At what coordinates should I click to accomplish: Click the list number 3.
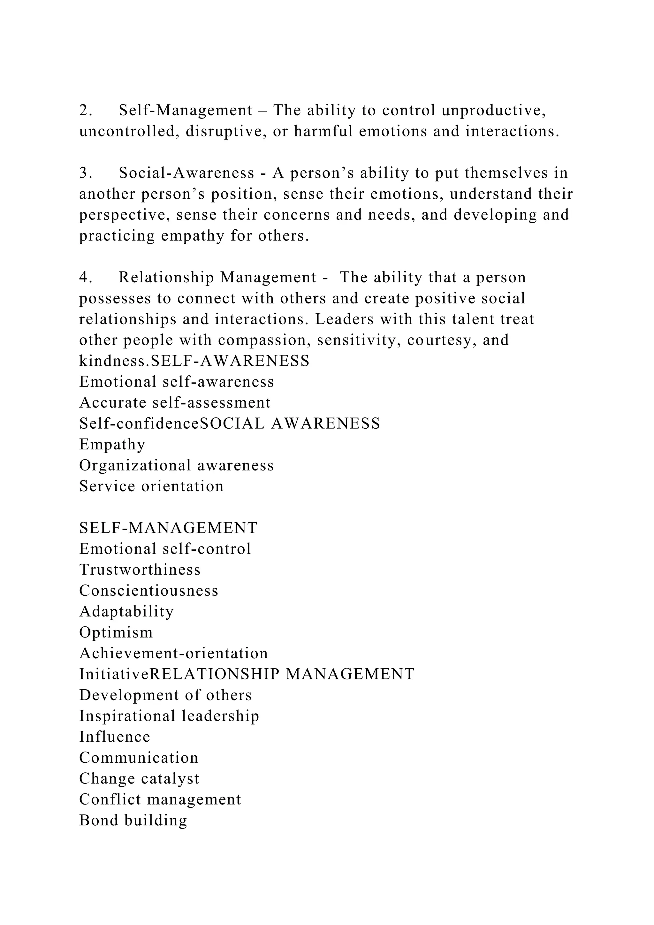85,173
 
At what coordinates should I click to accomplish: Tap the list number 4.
85,278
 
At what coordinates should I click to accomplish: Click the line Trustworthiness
140,570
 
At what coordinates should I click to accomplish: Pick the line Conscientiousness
148,591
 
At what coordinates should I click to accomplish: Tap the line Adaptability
126,612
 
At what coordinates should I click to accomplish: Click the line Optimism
116,632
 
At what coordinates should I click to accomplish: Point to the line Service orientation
151,486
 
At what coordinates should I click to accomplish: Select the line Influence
115,737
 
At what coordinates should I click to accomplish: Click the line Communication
139,758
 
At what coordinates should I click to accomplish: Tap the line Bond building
133,821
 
